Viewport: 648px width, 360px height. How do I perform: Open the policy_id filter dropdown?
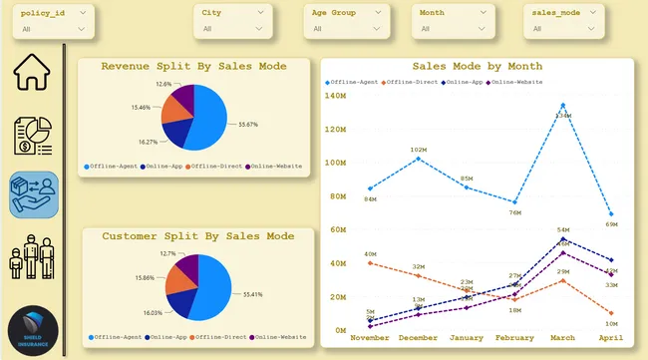tap(55, 21)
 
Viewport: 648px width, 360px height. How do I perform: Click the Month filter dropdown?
tap(453, 21)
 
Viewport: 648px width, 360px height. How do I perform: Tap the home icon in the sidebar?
tap(31, 72)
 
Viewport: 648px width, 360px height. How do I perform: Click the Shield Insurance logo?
tap(33, 329)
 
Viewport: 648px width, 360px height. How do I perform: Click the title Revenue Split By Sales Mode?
tap(194, 66)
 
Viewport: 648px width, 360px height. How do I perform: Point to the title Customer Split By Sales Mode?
tap(198, 236)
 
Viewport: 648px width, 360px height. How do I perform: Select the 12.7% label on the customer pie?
tap(166, 254)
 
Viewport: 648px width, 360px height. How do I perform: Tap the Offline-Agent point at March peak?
tap(563, 105)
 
